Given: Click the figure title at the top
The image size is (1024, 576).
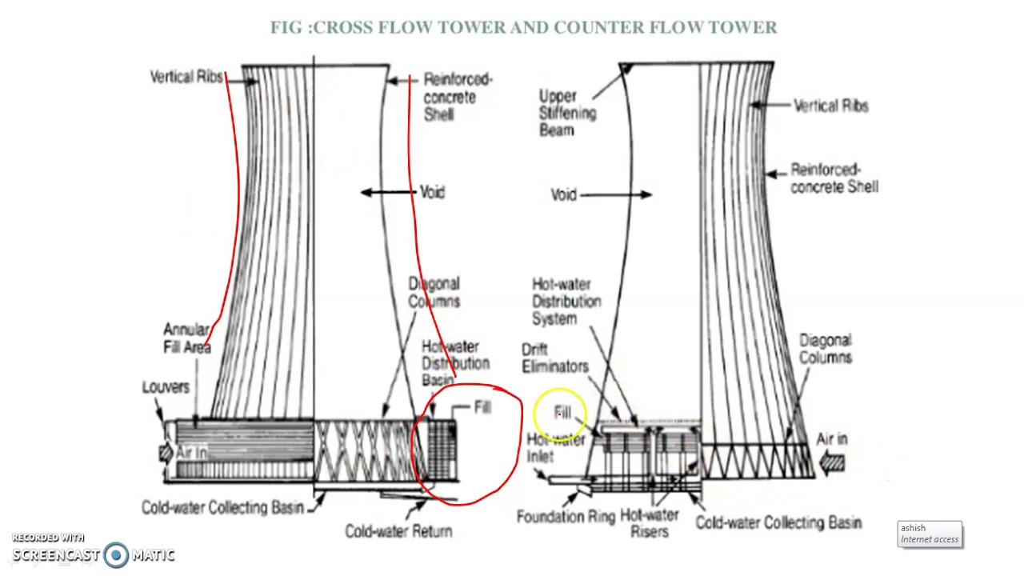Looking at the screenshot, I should [x=523, y=27].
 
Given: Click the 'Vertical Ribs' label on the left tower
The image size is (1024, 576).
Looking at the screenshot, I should [x=186, y=77].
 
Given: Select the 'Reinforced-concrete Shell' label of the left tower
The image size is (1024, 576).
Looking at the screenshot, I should [x=457, y=97].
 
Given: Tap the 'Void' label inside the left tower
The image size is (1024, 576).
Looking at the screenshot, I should [x=431, y=192].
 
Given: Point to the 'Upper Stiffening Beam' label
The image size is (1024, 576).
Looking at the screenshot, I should [x=566, y=113].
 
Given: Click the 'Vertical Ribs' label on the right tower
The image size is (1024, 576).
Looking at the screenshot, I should [x=830, y=106].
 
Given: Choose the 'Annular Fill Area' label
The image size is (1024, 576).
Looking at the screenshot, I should [x=186, y=338].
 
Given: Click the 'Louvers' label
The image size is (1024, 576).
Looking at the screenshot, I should [x=166, y=387].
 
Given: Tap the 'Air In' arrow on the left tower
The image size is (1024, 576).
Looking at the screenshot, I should [x=166, y=454].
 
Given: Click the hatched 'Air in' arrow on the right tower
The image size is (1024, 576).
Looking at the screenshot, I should [x=833, y=462].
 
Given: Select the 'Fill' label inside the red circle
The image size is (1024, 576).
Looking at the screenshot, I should [x=482, y=407].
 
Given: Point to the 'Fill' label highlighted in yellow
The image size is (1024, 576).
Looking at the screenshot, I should [x=563, y=413].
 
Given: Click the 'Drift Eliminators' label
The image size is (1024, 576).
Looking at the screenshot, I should [x=554, y=358].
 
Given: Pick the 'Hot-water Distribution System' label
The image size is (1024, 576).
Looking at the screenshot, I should [x=566, y=302].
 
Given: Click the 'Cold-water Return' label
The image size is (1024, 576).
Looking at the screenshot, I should [x=398, y=531].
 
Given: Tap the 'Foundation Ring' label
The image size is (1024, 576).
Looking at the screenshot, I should [x=565, y=517].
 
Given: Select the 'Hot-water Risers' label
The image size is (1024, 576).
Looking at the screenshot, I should [x=650, y=522].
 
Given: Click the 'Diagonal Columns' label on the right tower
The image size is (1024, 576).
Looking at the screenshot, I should [x=825, y=349].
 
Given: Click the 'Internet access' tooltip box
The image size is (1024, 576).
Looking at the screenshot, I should [x=930, y=534].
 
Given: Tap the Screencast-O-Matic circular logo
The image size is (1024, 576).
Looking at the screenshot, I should [x=116, y=554].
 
